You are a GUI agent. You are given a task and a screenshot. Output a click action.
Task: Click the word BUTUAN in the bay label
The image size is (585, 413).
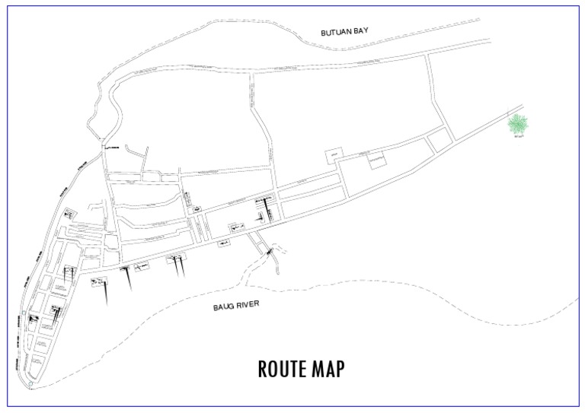334,31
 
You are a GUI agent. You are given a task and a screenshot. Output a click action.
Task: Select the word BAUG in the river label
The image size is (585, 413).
227,306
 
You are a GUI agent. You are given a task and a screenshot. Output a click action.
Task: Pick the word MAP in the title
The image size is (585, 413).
328,369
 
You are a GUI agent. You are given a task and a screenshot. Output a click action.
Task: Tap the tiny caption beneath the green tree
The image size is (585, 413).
519,138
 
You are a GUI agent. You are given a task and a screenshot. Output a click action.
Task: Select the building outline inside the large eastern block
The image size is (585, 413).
377,160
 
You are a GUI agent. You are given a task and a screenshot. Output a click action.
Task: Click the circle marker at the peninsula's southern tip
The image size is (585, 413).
30,383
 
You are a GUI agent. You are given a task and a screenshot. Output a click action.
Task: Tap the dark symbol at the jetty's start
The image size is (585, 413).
267,248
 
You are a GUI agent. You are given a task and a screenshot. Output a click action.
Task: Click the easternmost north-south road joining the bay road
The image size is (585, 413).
440,95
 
